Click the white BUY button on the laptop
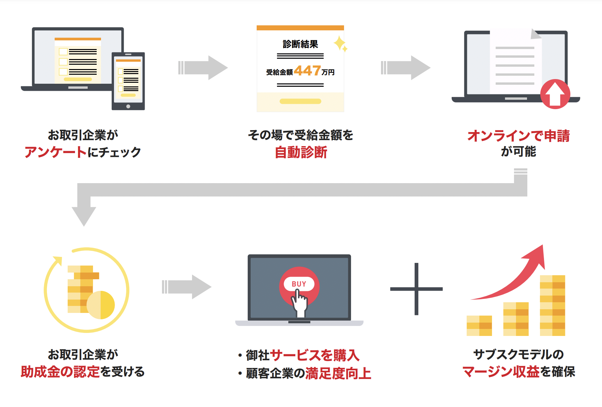tap(299, 284)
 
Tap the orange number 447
tap(307, 71)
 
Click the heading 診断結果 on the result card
tap(300, 44)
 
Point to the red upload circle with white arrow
tap(555, 94)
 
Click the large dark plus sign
tap(416, 289)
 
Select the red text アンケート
tap(55, 152)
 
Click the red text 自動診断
tap(301, 152)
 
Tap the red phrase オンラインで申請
tap(518, 136)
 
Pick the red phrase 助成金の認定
tap(60, 372)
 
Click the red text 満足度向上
tap(338, 373)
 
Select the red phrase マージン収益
tap(501, 372)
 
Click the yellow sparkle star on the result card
tap(340, 43)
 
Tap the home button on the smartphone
tap(128, 106)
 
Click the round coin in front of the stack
tap(101, 305)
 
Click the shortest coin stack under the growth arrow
tap(479, 326)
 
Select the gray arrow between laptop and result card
tap(203, 68)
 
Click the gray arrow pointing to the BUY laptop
tap(187, 287)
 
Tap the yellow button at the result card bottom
tap(300, 101)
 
